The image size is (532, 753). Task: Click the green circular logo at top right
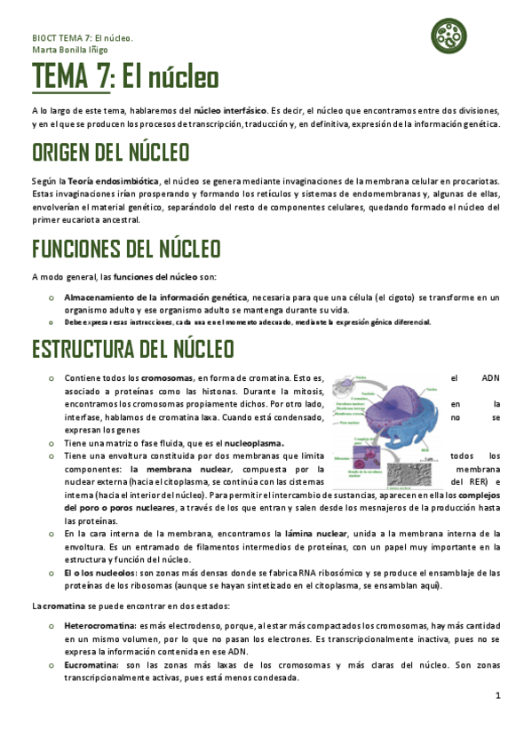point(449,35)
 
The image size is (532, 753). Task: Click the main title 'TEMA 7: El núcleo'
point(125,79)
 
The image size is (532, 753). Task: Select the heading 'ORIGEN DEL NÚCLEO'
point(111,153)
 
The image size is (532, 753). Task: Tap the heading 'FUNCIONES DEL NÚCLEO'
point(126,249)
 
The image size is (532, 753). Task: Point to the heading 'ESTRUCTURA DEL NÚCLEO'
point(132,348)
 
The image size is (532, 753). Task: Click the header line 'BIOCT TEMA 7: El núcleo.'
point(82,38)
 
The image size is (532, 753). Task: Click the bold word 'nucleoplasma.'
point(253,442)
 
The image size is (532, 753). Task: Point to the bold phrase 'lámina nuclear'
point(315,534)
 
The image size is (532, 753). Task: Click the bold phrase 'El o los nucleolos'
point(99,574)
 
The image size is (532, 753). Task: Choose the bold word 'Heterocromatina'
point(98,625)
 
